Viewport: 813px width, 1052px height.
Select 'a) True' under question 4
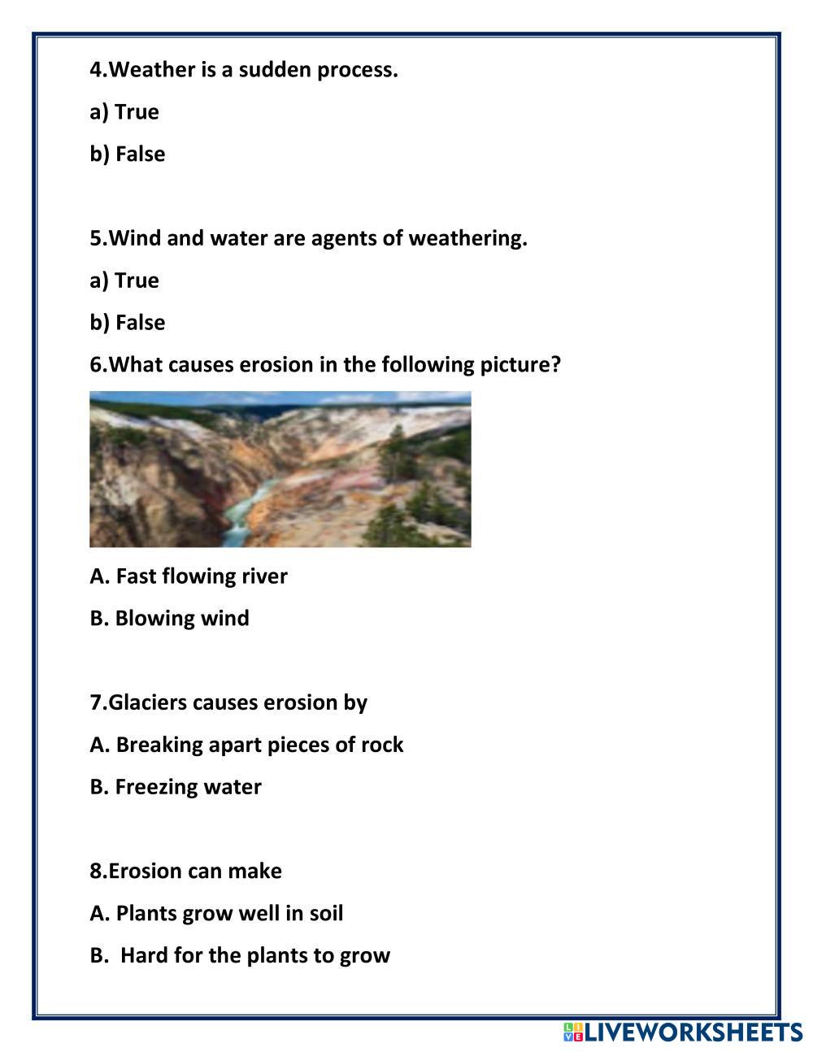click(x=124, y=112)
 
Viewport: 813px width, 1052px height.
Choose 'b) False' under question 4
click(x=128, y=154)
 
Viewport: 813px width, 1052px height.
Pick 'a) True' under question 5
click(x=124, y=280)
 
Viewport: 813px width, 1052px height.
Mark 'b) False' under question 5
click(x=128, y=323)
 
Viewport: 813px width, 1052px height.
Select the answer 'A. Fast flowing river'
click(x=189, y=576)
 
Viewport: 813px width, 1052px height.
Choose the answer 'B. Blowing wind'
click(x=170, y=619)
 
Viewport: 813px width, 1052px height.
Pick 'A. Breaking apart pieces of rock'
click(x=246, y=745)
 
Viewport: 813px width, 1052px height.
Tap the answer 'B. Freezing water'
click(x=176, y=787)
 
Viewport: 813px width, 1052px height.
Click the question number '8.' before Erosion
click(x=98, y=872)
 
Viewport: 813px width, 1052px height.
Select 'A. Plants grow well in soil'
click(x=216, y=914)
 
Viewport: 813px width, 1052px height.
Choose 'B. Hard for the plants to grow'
click(x=241, y=955)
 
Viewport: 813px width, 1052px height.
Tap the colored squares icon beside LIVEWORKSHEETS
click(x=573, y=1032)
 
